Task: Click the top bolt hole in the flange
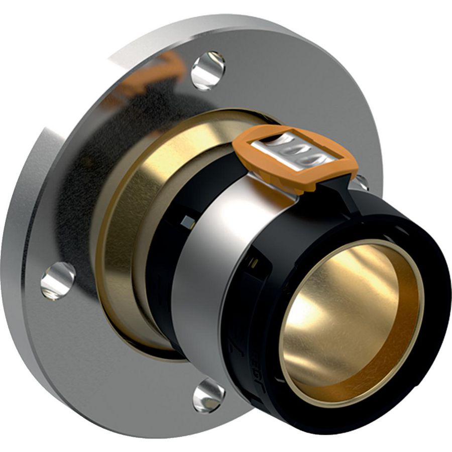click(208, 70)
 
